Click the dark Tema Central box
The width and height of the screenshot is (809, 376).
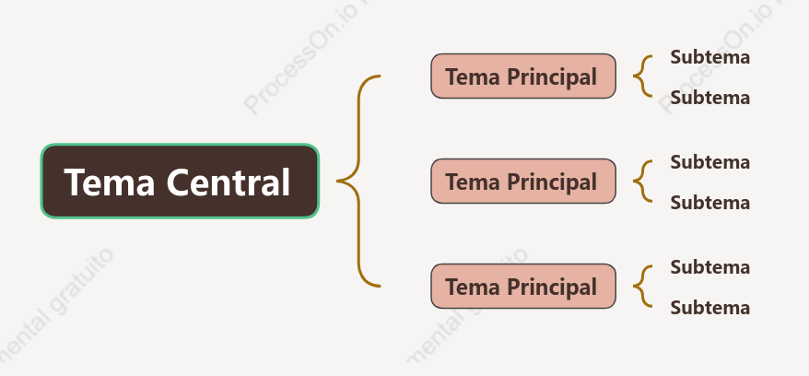click(x=180, y=181)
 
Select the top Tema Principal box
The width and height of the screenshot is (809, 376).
click(x=523, y=76)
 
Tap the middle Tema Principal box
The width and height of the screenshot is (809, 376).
click(x=523, y=181)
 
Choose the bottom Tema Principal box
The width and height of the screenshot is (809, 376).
click(x=523, y=287)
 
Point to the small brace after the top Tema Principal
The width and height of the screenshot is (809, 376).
click(x=635, y=76)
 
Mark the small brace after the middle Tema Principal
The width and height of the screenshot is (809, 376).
click(x=635, y=181)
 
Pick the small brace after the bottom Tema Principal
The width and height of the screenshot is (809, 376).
click(x=635, y=287)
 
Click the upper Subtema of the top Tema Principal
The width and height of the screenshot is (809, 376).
click(x=709, y=57)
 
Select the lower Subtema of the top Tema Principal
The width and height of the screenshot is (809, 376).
click(x=709, y=98)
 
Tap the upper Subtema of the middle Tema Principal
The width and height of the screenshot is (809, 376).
click(x=709, y=162)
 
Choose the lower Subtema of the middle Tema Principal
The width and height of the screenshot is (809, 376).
click(x=709, y=203)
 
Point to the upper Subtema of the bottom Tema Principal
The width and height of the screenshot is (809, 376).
click(x=709, y=267)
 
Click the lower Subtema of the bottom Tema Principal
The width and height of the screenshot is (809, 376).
click(x=709, y=308)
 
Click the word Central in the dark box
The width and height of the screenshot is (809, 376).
click(x=229, y=182)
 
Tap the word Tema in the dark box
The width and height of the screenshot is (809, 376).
click(x=110, y=182)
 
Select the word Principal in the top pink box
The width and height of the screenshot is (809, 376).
click(x=552, y=77)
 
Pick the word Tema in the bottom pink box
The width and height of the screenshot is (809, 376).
click(x=473, y=287)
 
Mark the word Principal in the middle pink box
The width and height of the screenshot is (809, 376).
click(x=552, y=182)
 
